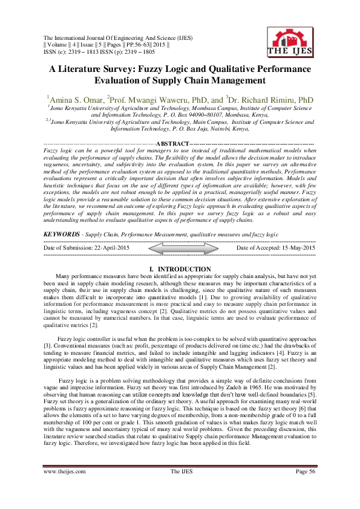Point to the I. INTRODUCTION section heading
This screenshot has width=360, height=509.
[179, 268]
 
